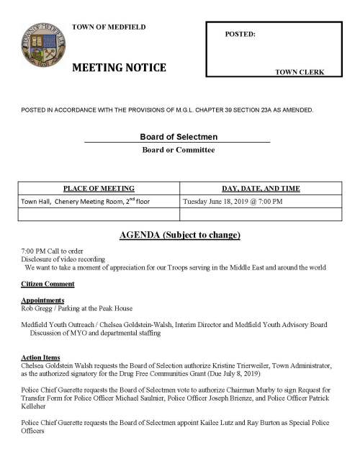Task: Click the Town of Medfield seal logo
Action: click(x=44, y=47)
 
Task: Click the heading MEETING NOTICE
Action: click(x=120, y=68)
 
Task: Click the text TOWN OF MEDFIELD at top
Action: click(x=109, y=27)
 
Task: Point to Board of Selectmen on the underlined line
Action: click(x=179, y=137)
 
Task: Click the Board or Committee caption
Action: click(x=178, y=150)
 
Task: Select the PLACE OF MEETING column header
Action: click(x=99, y=188)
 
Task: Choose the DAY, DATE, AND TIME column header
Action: click(x=258, y=188)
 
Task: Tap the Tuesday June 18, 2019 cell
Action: click(x=233, y=201)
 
